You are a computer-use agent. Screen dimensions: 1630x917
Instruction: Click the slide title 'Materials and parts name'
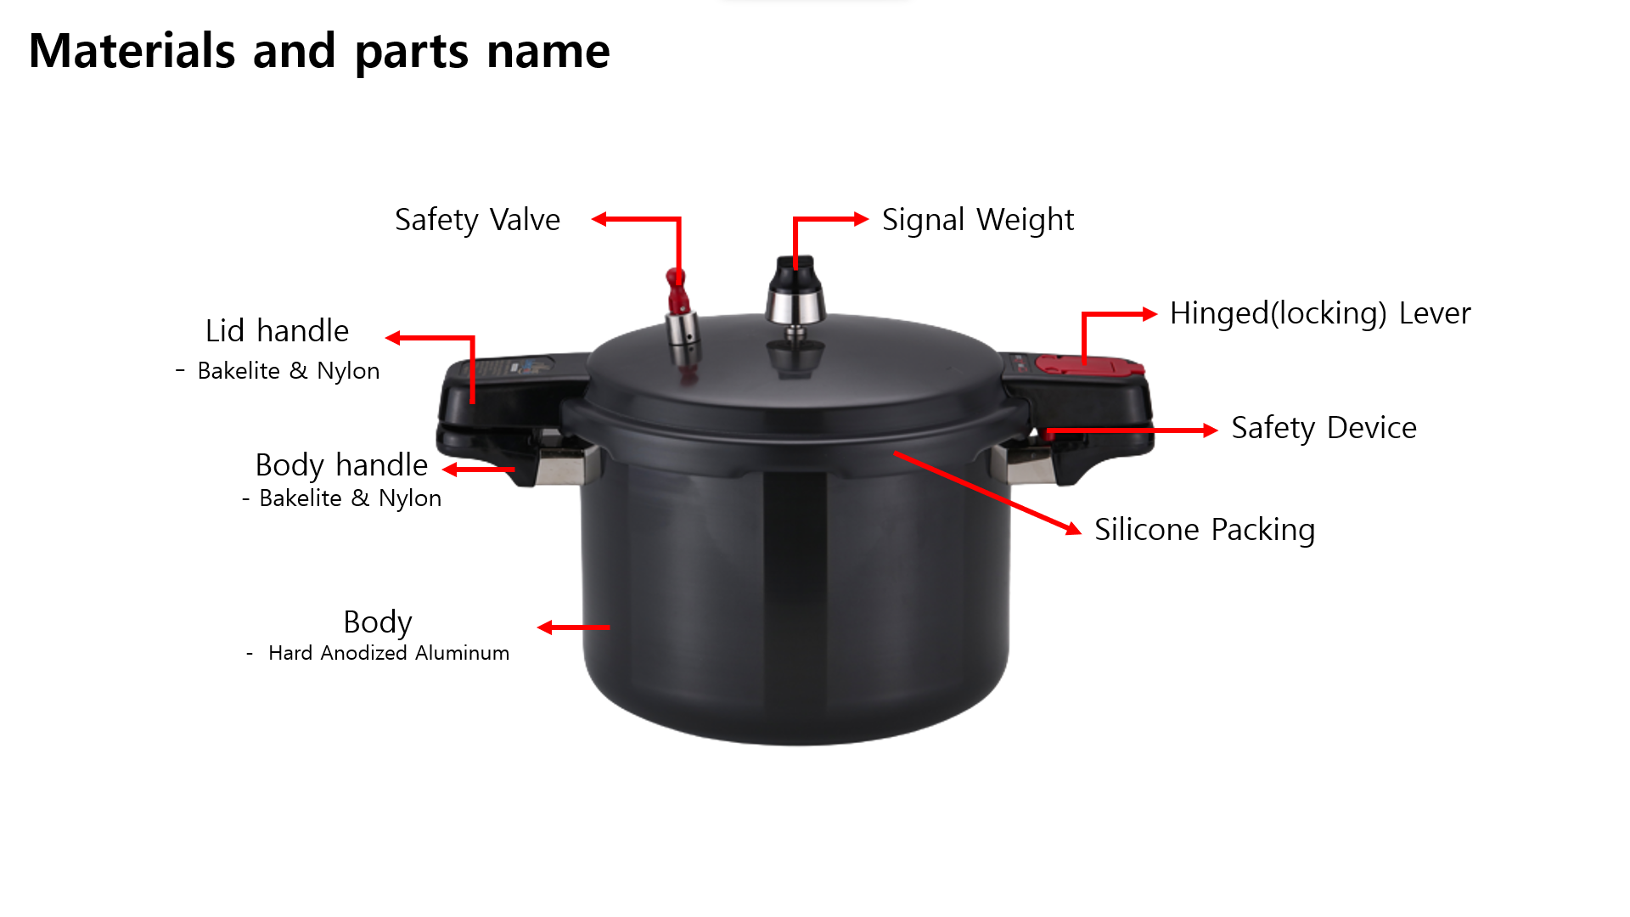click(319, 51)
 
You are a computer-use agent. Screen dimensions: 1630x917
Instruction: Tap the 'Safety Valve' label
click(477, 220)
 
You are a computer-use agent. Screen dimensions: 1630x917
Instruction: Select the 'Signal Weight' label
click(978, 220)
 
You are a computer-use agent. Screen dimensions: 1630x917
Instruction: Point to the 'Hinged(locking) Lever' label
click(1320, 313)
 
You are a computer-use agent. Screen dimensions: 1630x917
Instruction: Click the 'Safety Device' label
click(1324, 428)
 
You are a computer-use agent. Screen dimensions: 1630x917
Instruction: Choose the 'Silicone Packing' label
click(1205, 530)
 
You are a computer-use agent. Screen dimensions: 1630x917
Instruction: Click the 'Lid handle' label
click(277, 331)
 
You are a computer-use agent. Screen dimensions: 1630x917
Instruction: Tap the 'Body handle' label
click(341, 465)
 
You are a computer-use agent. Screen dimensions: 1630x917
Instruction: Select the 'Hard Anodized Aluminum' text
click(389, 653)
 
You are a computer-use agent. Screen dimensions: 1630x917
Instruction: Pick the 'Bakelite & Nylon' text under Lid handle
click(289, 371)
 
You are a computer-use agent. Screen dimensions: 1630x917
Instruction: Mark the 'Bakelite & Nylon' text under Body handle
click(351, 498)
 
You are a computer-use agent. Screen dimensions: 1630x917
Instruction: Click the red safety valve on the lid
click(677, 291)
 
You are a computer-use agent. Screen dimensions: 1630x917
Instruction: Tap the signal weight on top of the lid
click(795, 292)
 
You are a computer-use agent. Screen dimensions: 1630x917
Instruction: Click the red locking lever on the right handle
click(1089, 365)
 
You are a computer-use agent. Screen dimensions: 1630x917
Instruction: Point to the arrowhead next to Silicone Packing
click(1075, 528)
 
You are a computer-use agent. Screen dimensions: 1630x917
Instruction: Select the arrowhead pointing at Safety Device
click(1211, 430)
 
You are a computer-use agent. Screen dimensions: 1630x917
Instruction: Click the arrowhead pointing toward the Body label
click(545, 627)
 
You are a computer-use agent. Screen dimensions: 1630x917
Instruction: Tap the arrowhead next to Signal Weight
click(862, 219)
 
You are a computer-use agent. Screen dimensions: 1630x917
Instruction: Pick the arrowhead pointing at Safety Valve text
click(599, 219)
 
